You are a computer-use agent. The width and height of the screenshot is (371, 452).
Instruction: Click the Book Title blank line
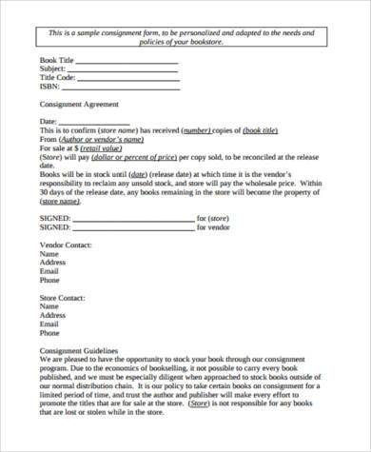127,62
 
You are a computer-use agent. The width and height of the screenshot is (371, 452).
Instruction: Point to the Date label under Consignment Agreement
49,122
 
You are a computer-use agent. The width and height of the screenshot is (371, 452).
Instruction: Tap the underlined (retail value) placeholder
102,148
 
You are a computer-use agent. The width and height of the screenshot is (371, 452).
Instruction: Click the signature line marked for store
133,219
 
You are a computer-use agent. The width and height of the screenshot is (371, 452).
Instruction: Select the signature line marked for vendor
133,228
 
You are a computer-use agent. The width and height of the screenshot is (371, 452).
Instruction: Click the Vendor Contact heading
66,246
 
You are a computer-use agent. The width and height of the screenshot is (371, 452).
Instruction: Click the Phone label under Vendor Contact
49,281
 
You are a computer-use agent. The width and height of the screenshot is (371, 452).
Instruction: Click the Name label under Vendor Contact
49,254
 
